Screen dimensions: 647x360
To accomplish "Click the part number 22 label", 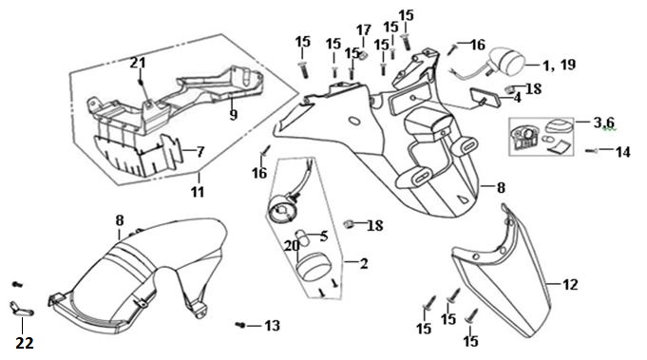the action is [x=25, y=343].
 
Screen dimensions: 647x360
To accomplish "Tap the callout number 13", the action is [x=272, y=326].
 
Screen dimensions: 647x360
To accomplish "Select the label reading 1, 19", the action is [x=559, y=65].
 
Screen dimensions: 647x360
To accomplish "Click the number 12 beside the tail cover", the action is [x=570, y=284].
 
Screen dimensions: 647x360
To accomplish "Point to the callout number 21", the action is [x=138, y=63].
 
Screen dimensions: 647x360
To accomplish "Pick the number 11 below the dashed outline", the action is [x=198, y=192].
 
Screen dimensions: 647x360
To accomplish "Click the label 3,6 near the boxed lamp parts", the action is [x=604, y=123].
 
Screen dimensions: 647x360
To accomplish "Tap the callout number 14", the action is [x=623, y=152].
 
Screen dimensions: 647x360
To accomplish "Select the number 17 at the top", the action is [x=364, y=30].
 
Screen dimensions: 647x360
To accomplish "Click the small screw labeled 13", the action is [x=240, y=326].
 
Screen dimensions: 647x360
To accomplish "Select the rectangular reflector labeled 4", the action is [x=485, y=97].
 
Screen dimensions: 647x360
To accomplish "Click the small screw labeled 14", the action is [x=591, y=151].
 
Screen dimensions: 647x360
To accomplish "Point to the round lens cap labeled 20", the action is [x=314, y=267].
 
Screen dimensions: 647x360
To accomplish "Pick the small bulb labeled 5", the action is [x=303, y=238].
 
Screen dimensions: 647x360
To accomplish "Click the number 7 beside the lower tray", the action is [x=200, y=152].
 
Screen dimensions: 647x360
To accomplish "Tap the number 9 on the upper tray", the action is [x=234, y=114].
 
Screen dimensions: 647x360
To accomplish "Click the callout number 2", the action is [x=364, y=263].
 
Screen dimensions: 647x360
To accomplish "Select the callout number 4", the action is [x=517, y=98].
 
